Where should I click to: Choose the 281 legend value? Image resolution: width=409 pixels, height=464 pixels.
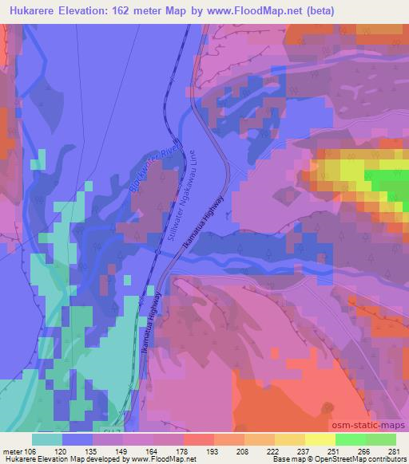point(395,451)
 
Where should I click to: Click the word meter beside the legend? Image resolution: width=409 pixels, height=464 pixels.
point(11,451)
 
